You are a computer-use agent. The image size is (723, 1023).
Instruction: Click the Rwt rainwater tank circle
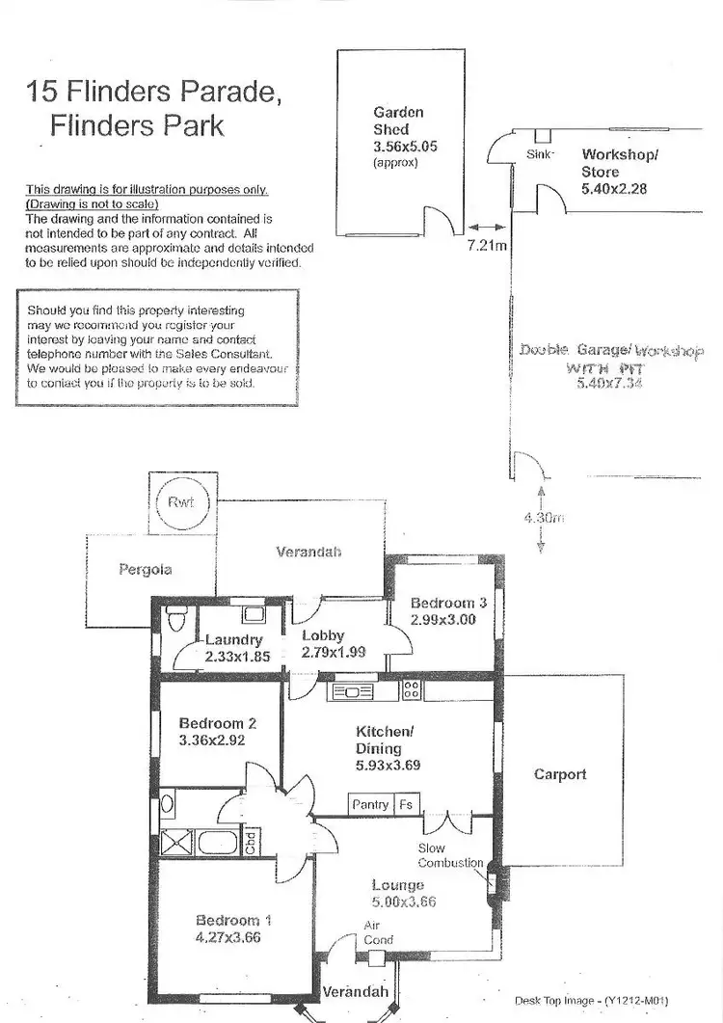[x=180, y=502]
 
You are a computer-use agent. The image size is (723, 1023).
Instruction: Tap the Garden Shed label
[x=390, y=121]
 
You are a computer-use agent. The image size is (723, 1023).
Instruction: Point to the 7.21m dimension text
[x=486, y=246]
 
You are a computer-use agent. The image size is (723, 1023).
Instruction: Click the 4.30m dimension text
[x=543, y=518]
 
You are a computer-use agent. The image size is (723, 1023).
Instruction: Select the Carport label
[x=560, y=774]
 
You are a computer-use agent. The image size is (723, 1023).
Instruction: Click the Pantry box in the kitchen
[x=370, y=804]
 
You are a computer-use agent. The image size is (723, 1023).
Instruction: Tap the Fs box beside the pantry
[x=406, y=804]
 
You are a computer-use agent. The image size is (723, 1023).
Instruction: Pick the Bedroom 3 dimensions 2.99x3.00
[x=442, y=620]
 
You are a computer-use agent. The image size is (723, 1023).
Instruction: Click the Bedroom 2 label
[x=217, y=723]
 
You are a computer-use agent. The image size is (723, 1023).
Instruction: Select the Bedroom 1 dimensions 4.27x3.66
[x=228, y=936]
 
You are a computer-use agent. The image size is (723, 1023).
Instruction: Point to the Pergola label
[x=146, y=570]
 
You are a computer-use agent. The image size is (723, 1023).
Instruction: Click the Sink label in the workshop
[x=540, y=154]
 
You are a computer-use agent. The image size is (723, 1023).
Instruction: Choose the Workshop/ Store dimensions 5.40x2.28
[x=614, y=189]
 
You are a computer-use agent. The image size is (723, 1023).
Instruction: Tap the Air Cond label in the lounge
[x=378, y=932]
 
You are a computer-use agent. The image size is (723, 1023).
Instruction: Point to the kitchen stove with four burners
[x=412, y=690]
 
